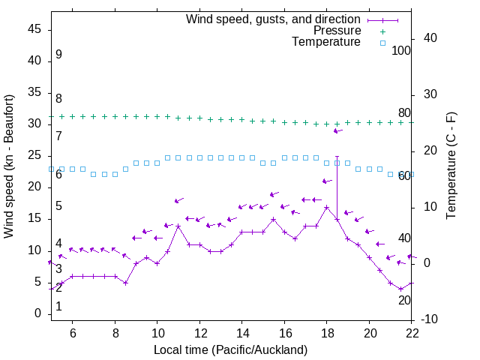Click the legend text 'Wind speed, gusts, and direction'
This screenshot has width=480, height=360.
(x=273, y=19)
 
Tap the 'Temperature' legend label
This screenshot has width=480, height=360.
(x=326, y=42)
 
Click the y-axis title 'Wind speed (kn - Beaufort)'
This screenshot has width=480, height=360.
(x=9, y=166)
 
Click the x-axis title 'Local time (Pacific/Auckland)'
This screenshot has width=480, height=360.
(x=230, y=349)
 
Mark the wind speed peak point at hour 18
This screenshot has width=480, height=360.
(x=327, y=207)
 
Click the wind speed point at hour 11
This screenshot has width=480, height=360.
(x=178, y=226)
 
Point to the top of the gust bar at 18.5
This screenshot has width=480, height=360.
(x=337, y=157)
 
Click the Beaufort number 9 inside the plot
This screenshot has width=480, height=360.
(x=58, y=55)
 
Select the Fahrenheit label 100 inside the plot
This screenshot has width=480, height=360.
(x=401, y=50)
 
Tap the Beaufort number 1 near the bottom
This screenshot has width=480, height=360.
(x=58, y=307)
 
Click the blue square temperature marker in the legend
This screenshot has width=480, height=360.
(x=382, y=43)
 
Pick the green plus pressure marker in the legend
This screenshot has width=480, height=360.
(x=382, y=31)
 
